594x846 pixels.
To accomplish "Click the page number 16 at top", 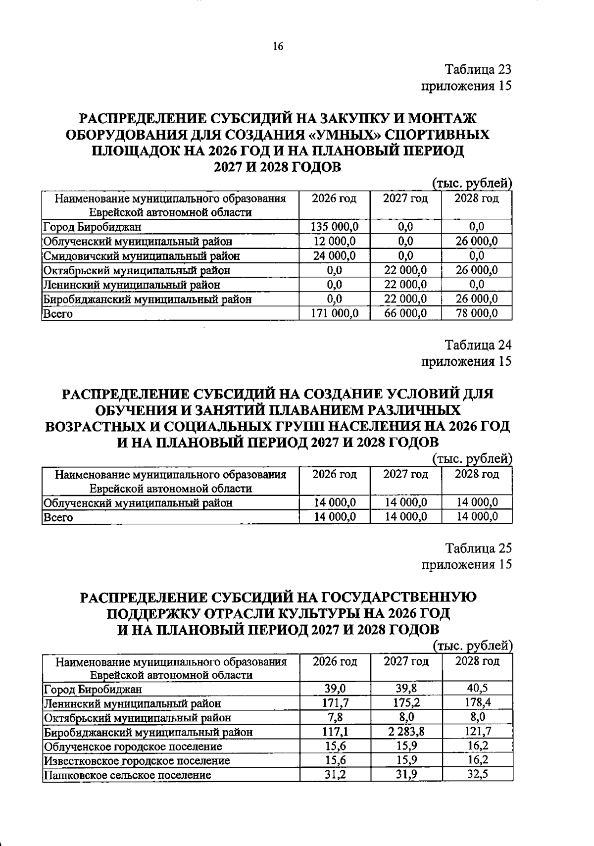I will click(x=278, y=47).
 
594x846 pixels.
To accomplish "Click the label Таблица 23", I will click(x=478, y=69).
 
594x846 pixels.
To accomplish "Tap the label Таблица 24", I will click(x=478, y=345).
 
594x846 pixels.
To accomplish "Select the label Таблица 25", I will click(x=478, y=548).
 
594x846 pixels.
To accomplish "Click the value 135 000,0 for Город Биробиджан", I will click(x=334, y=227).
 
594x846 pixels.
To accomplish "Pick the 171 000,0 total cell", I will click(x=334, y=313).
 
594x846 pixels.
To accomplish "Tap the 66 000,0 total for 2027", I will click(x=405, y=313).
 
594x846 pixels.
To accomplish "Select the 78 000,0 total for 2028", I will click(x=476, y=313).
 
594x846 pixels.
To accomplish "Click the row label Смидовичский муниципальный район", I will click(x=142, y=256).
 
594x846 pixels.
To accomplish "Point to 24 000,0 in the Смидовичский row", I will click(x=334, y=255).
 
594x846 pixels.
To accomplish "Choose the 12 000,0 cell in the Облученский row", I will click(x=334, y=241).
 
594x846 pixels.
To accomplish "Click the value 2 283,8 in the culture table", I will click(x=405, y=732).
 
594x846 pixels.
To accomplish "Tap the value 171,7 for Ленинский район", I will click(x=335, y=702).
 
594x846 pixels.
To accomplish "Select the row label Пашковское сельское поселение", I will click(x=128, y=775).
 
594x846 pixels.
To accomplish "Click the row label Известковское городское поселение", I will click(x=137, y=761).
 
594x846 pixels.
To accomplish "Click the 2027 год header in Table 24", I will click(x=405, y=474).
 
